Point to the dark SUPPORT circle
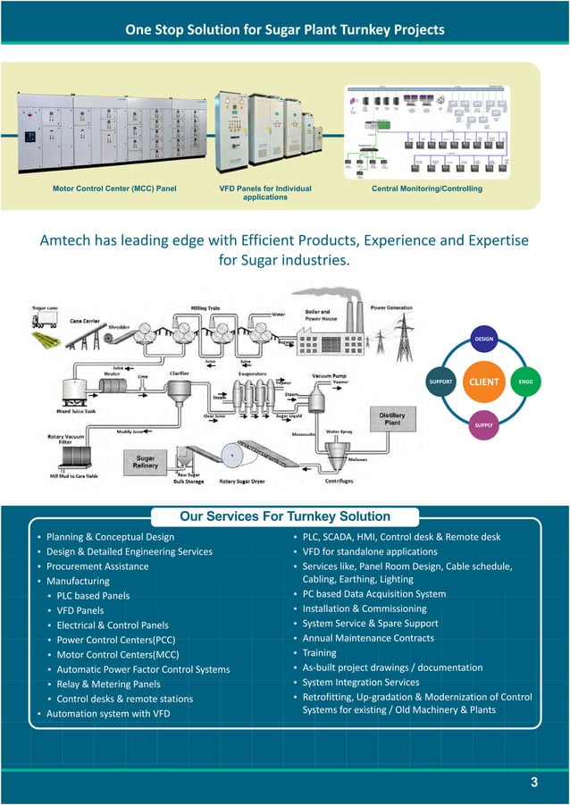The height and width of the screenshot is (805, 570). (442, 382)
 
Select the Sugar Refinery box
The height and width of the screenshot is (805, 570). (145, 464)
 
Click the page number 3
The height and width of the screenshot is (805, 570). (533, 784)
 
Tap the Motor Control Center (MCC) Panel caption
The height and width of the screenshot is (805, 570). (114, 189)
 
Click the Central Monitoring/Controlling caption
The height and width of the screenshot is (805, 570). (426, 189)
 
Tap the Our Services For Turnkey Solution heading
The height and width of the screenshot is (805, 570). (284, 516)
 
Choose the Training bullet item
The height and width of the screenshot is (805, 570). (320, 653)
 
